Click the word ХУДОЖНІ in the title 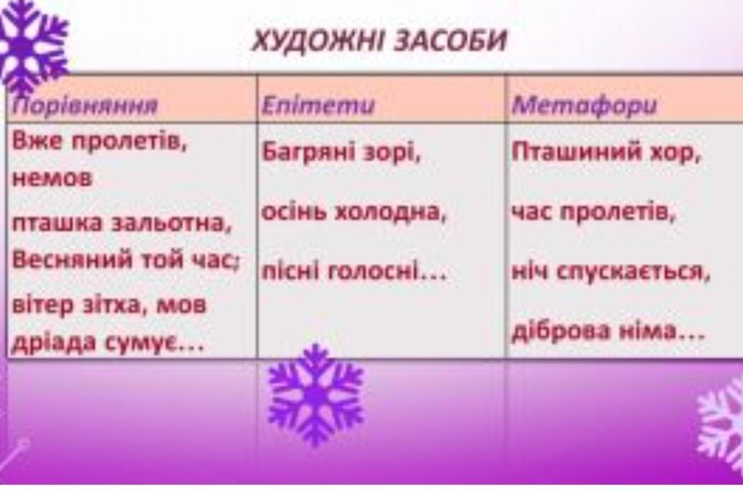tap(320, 40)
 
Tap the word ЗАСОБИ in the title tap(451, 40)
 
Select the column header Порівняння tap(85, 106)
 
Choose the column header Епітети tap(318, 105)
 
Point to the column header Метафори tap(584, 105)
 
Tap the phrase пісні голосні tap(354, 272)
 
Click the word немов tap(52, 178)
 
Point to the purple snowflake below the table tap(315, 395)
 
